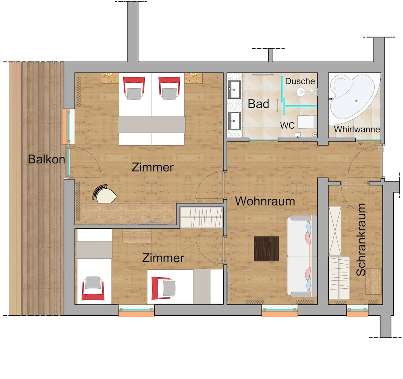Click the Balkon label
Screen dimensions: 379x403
[x=46, y=159]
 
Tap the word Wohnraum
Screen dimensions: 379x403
[x=265, y=201]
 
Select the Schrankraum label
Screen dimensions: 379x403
[x=361, y=239]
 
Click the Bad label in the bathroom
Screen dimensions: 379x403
[x=258, y=104]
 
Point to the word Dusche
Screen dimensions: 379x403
[x=300, y=81]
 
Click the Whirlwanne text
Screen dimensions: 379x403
[x=357, y=130]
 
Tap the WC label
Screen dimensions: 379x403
[x=287, y=125]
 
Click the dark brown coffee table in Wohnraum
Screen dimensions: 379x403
[x=266, y=249]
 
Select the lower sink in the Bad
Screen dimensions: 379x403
[x=234, y=120]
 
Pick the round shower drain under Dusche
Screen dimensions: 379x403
[x=299, y=92]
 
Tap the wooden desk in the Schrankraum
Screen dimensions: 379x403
[x=373, y=281]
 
